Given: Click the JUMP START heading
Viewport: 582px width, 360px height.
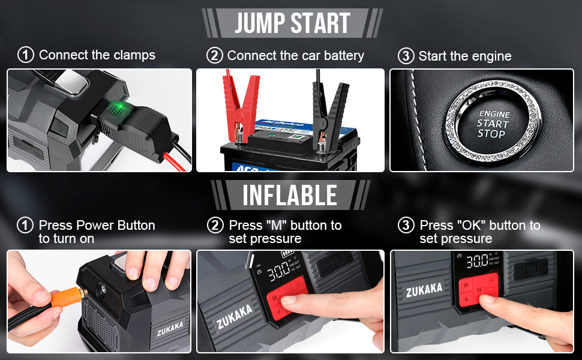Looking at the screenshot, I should pyautogui.click(x=292, y=23).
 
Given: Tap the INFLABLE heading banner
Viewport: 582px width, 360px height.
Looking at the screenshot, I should pyautogui.click(x=290, y=195).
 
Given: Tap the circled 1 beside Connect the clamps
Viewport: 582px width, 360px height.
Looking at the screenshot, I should pyautogui.click(x=25, y=55).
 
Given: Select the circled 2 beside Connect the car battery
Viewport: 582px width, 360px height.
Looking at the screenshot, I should pyautogui.click(x=214, y=56).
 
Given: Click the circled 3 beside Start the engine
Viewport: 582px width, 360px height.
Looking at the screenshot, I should pyautogui.click(x=406, y=56).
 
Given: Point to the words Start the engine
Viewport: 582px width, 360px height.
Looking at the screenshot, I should pyautogui.click(x=465, y=56).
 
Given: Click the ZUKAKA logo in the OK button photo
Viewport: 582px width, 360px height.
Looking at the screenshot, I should pyautogui.click(x=424, y=290).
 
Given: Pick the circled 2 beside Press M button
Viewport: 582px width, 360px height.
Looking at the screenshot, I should pyautogui.click(x=214, y=226).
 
